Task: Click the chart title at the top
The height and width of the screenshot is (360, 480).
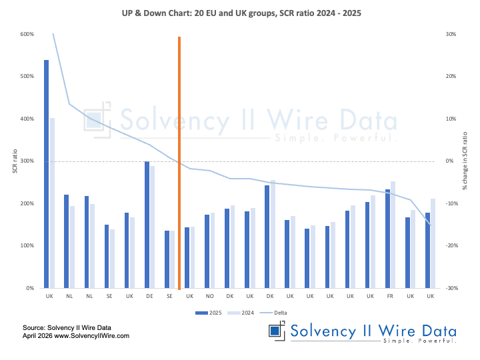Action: (x=240, y=13)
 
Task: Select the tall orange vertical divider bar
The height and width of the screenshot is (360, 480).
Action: (x=179, y=160)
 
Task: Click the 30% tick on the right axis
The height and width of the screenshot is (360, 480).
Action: (x=451, y=35)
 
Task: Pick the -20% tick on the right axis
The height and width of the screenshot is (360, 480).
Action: (x=450, y=246)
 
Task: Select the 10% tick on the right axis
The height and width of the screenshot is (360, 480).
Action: (x=451, y=119)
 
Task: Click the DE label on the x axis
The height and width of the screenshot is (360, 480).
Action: (x=149, y=295)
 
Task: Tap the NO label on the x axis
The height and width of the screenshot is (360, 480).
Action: (x=209, y=295)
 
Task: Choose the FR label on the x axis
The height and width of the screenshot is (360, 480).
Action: (x=390, y=295)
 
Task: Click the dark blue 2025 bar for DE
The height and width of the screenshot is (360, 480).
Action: (x=147, y=225)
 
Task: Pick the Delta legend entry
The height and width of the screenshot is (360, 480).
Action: (x=279, y=311)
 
